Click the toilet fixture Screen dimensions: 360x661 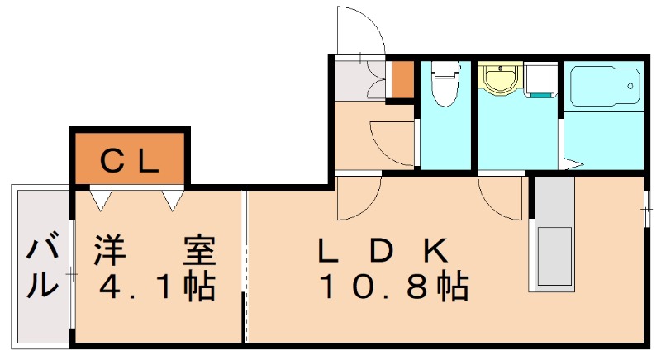tap(445, 84)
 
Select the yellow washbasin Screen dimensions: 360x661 tap(499, 80)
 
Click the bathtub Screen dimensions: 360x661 tap(602, 86)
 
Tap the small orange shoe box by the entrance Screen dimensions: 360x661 tap(402, 79)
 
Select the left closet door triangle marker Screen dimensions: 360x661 tap(100, 199)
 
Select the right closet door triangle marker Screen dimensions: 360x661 tap(173, 199)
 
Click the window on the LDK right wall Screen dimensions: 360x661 tap(646, 205)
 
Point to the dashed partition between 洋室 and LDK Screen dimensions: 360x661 tap(245, 264)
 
